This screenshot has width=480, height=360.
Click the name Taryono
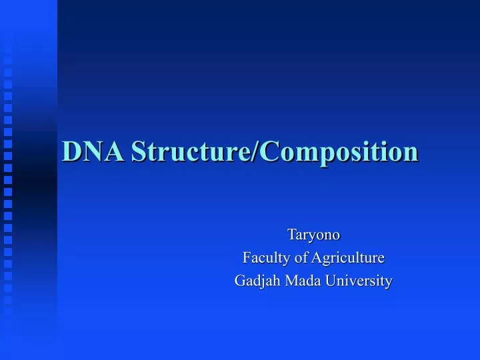click(313, 235)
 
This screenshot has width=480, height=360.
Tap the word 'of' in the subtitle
click(293, 257)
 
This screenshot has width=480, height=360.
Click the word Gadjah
click(258, 281)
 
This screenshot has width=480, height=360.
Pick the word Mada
click(301, 281)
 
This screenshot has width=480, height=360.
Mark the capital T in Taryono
click(291, 235)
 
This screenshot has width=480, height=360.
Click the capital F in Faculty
click(245, 257)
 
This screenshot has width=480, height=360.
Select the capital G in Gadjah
click(240, 281)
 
